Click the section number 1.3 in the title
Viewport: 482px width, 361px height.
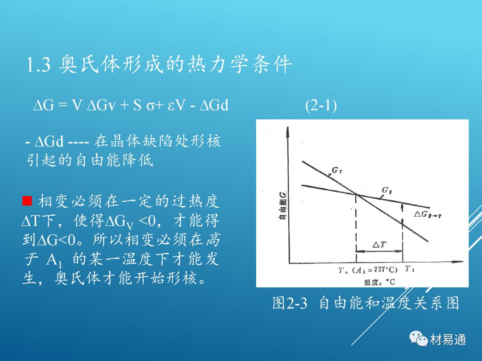coord(38,65)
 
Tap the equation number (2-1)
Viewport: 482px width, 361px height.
coord(321,105)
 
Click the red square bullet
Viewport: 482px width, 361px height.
coord(27,201)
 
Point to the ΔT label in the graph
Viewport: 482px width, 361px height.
coord(379,244)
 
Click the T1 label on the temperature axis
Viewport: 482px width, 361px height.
coord(409,269)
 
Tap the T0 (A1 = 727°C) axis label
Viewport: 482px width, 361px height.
coord(368,270)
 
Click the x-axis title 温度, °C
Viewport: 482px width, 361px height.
coord(380,282)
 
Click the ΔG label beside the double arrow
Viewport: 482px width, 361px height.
coord(428,214)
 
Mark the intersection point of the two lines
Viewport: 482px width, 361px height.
coord(356,194)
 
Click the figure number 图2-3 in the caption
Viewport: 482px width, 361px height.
coord(290,303)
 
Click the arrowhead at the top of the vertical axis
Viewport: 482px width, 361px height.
coord(287,131)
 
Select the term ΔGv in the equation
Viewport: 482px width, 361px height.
coord(101,105)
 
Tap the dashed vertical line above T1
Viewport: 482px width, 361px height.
coord(403,233)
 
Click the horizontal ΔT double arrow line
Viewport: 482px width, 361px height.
coord(379,251)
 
